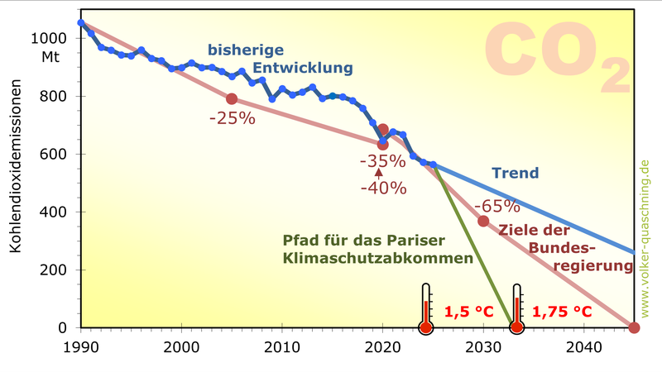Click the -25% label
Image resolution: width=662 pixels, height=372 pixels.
point(233,117)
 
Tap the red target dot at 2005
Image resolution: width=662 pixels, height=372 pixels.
point(232,98)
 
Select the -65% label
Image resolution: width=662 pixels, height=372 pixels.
point(497,206)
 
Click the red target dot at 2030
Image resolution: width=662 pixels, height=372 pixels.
point(483,221)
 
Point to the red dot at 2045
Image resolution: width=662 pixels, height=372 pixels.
point(635,328)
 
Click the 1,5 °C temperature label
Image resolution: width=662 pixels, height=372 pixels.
point(468,312)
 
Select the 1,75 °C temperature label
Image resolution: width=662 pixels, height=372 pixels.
point(561,312)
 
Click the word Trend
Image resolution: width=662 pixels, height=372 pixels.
point(515,174)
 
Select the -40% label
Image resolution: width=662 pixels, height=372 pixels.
point(383,188)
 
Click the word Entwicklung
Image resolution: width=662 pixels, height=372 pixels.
point(303,67)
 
